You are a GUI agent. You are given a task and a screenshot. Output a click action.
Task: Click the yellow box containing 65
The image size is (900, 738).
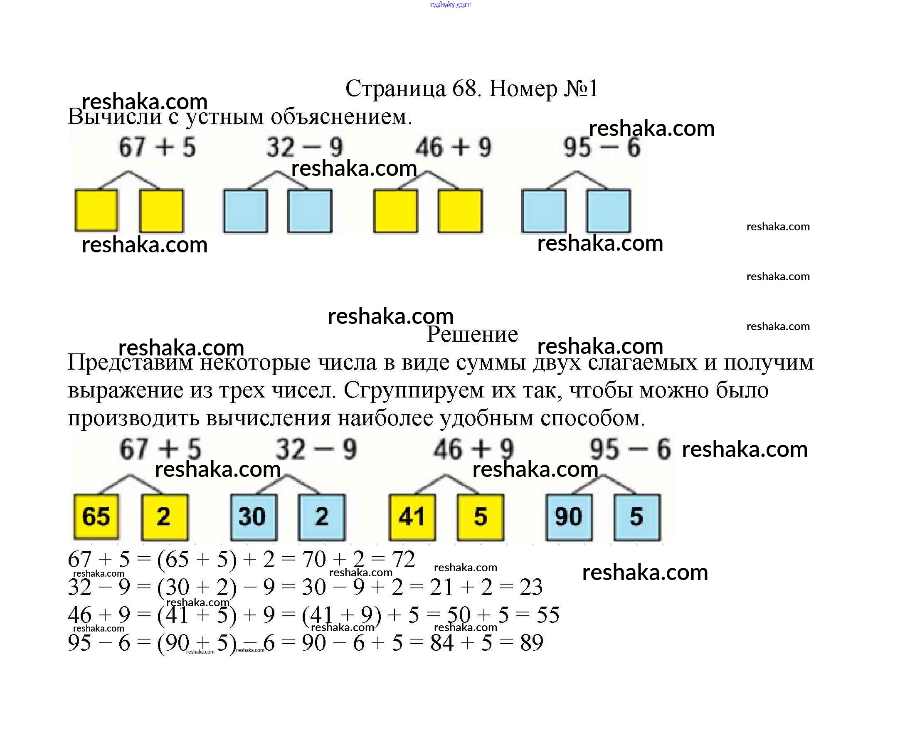(96, 516)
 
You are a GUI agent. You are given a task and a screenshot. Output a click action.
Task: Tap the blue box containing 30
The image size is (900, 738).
(254, 516)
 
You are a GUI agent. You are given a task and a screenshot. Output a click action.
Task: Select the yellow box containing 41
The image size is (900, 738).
(412, 516)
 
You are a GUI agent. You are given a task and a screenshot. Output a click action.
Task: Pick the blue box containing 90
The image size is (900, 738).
(569, 516)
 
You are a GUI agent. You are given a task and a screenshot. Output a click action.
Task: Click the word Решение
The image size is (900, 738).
(472, 334)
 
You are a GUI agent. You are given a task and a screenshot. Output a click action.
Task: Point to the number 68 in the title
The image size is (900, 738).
(466, 89)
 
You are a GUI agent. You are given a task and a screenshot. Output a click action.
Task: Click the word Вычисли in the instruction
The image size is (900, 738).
(115, 116)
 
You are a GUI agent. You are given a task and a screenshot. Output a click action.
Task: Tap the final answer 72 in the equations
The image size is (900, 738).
(404, 559)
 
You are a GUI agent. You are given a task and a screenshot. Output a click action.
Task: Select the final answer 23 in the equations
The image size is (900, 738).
(531, 587)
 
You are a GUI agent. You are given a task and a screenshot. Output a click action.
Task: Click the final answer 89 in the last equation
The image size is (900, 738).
(532, 642)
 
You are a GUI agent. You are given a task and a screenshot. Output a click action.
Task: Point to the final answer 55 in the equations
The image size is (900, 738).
(548, 615)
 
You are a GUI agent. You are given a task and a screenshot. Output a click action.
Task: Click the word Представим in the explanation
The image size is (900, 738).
(131, 363)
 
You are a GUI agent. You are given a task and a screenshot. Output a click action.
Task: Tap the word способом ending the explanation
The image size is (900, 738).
(593, 418)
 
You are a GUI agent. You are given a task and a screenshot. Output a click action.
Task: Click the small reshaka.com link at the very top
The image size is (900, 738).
(451, 5)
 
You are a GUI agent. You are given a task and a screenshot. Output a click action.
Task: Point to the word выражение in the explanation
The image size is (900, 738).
(126, 391)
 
